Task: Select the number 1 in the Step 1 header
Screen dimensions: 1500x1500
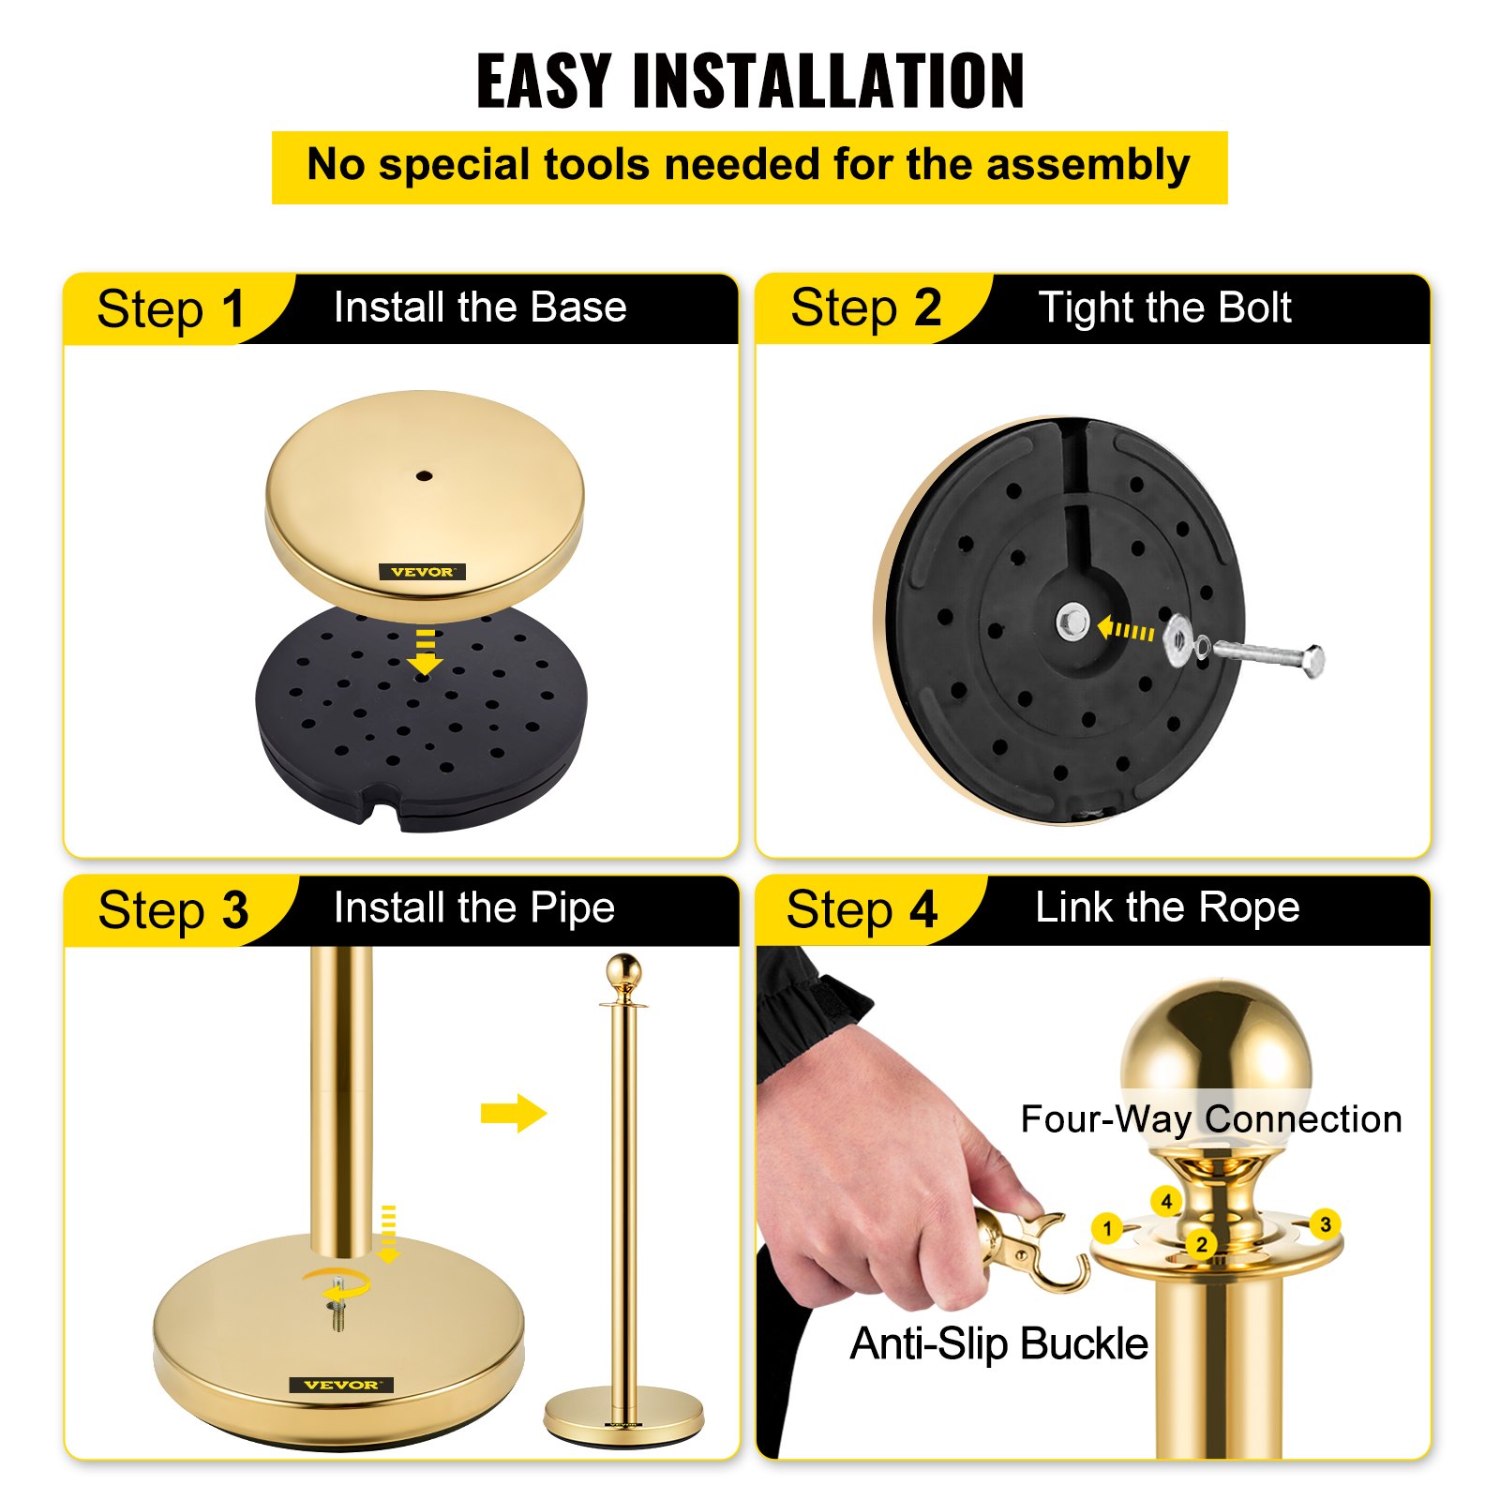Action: click(233, 309)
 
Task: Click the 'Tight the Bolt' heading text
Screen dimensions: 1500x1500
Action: click(1164, 307)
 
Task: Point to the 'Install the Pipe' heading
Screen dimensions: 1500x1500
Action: click(474, 907)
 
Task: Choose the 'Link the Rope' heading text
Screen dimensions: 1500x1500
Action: click(1167, 907)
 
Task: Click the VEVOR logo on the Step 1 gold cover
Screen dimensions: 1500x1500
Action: click(422, 572)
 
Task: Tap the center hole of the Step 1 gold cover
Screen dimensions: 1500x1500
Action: click(424, 476)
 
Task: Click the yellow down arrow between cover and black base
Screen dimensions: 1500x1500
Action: click(426, 653)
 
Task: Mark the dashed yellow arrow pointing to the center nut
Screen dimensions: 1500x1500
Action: click(1125, 630)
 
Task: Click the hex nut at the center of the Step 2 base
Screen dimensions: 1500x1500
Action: click(1072, 622)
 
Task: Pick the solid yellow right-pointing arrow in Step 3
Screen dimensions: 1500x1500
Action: click(513, 1113)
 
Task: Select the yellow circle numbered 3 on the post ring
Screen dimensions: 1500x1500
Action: click(1325, 1224)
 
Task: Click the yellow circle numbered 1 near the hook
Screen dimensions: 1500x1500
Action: click(1107, 1227)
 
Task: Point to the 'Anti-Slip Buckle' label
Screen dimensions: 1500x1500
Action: click(998, 1343)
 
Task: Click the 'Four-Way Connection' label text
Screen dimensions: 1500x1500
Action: click(1210, 1119)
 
